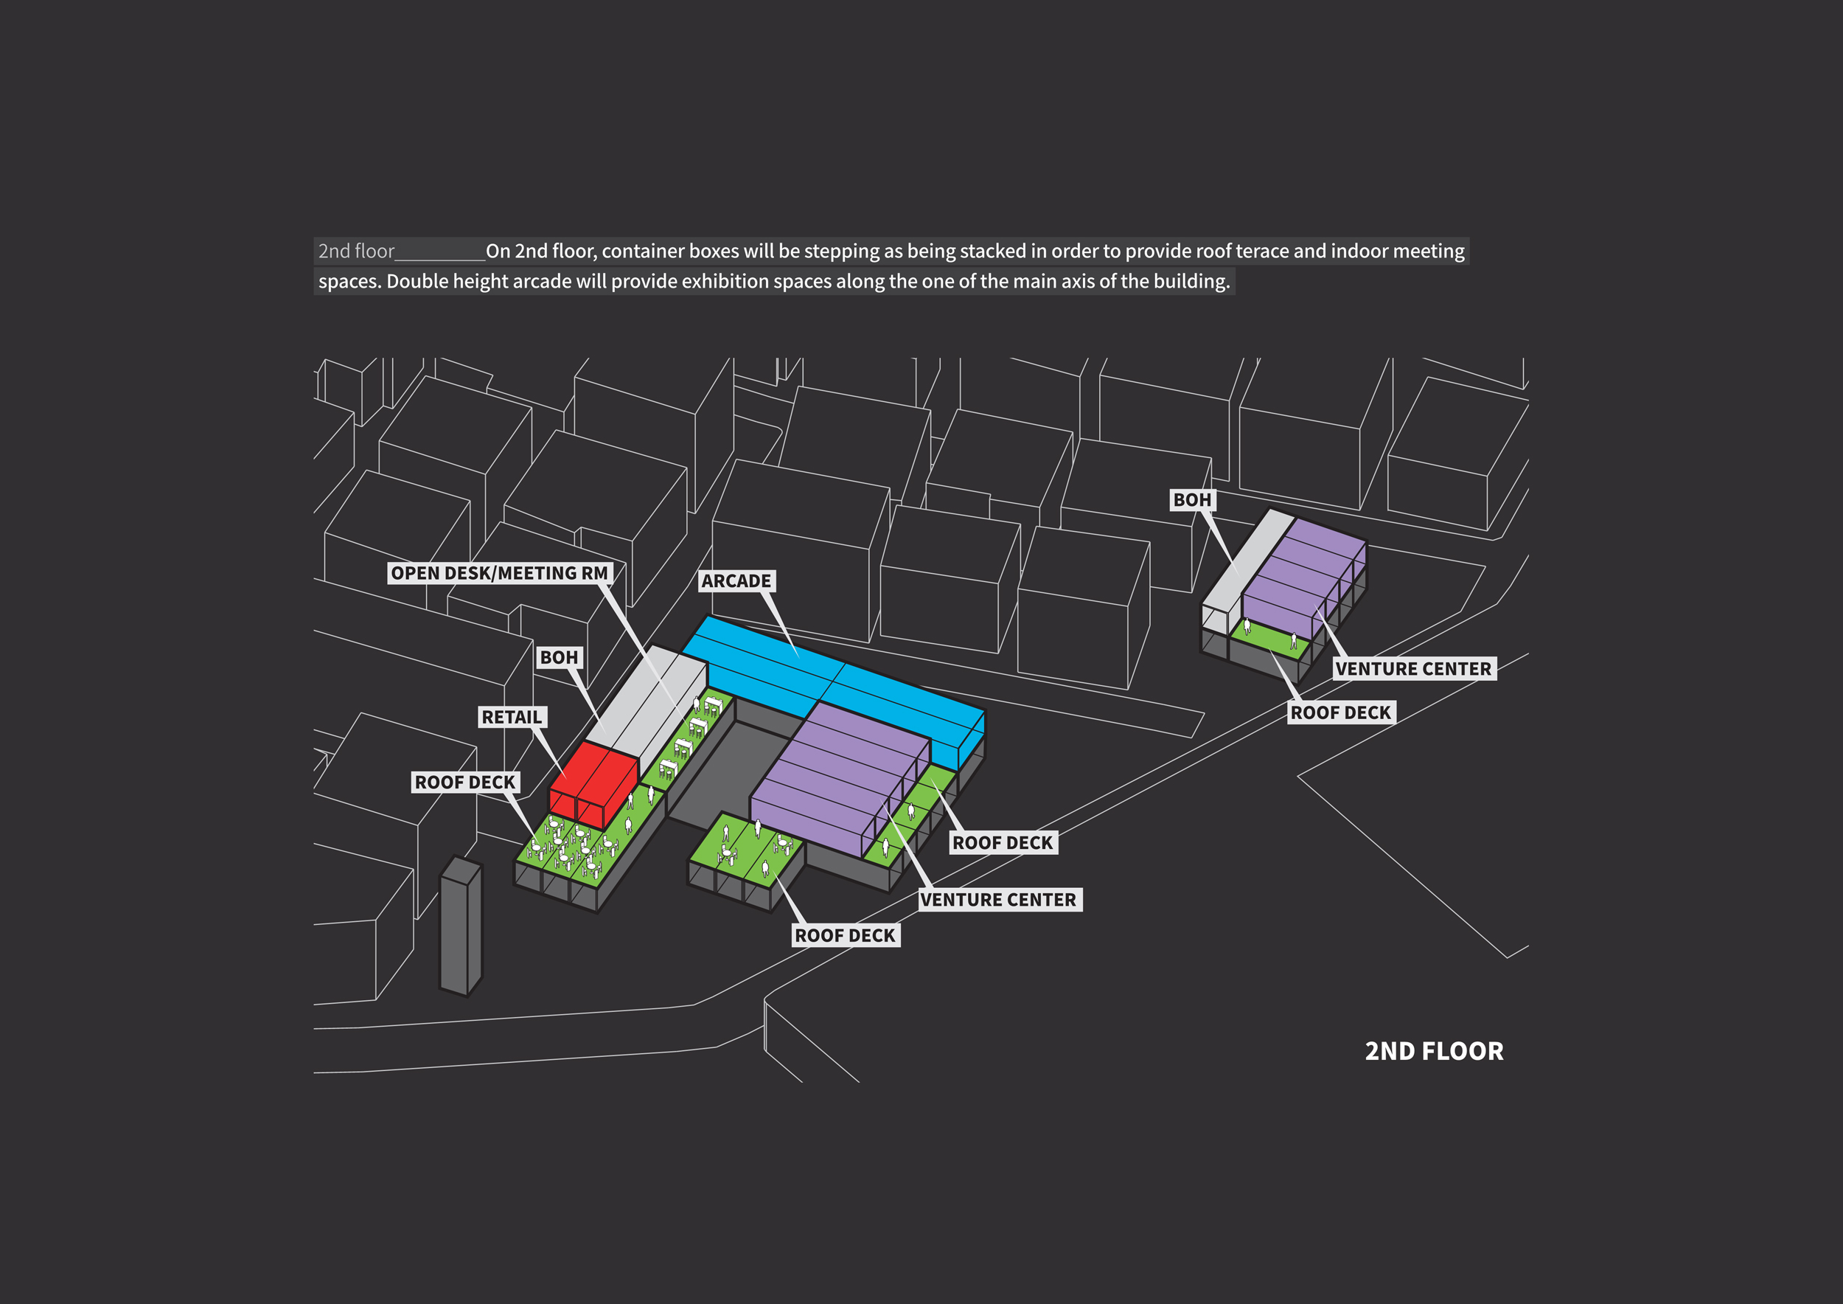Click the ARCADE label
pos(736,580)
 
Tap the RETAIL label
pos(512,717)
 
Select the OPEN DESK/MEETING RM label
pos(500,572)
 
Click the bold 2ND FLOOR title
pos(1434,1051)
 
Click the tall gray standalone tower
pos(461,926)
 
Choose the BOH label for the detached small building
pos(1192,499)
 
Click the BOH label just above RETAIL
pos(559,657)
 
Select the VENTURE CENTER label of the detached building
pos(1413,669)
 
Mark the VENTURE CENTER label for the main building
pos(1000,899)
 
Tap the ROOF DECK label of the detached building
pos(1341,712)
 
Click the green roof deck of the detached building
pos(1270,638)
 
